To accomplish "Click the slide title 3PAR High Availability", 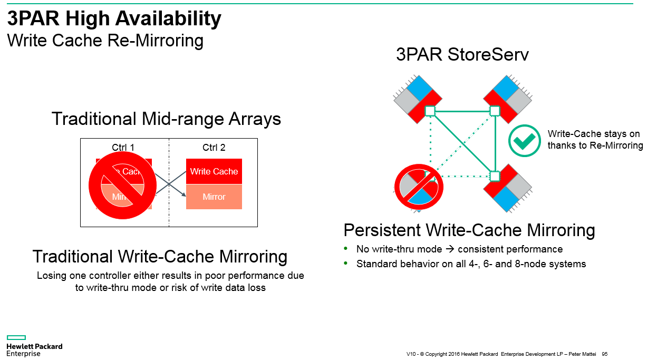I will (x=114, y=20).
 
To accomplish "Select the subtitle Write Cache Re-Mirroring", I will (x=105, y=41).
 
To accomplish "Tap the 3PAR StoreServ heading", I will (x=462, y=55).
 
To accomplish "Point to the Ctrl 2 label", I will (x=214, y=148).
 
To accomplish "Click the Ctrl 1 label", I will (x=123, y=148).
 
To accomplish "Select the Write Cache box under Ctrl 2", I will (x=214, y=171).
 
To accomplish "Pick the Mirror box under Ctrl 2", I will (x=214, y=197).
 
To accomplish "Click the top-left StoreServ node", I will (x=418, y=99).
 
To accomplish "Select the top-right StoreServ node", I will (x=507, y=99).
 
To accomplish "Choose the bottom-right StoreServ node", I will (x=507, y=188).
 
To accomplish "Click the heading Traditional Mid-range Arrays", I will (x=166, y=119).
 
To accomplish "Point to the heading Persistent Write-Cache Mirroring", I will (x=469, y=230).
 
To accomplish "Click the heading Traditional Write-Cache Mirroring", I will (x=160, y=257).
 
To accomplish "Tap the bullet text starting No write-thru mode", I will (x=459, y=249).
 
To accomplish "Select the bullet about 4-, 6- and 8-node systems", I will (x=471, y=264).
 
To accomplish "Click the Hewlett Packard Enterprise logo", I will (x=34, y=346).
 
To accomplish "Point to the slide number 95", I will (x=604, y=354).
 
